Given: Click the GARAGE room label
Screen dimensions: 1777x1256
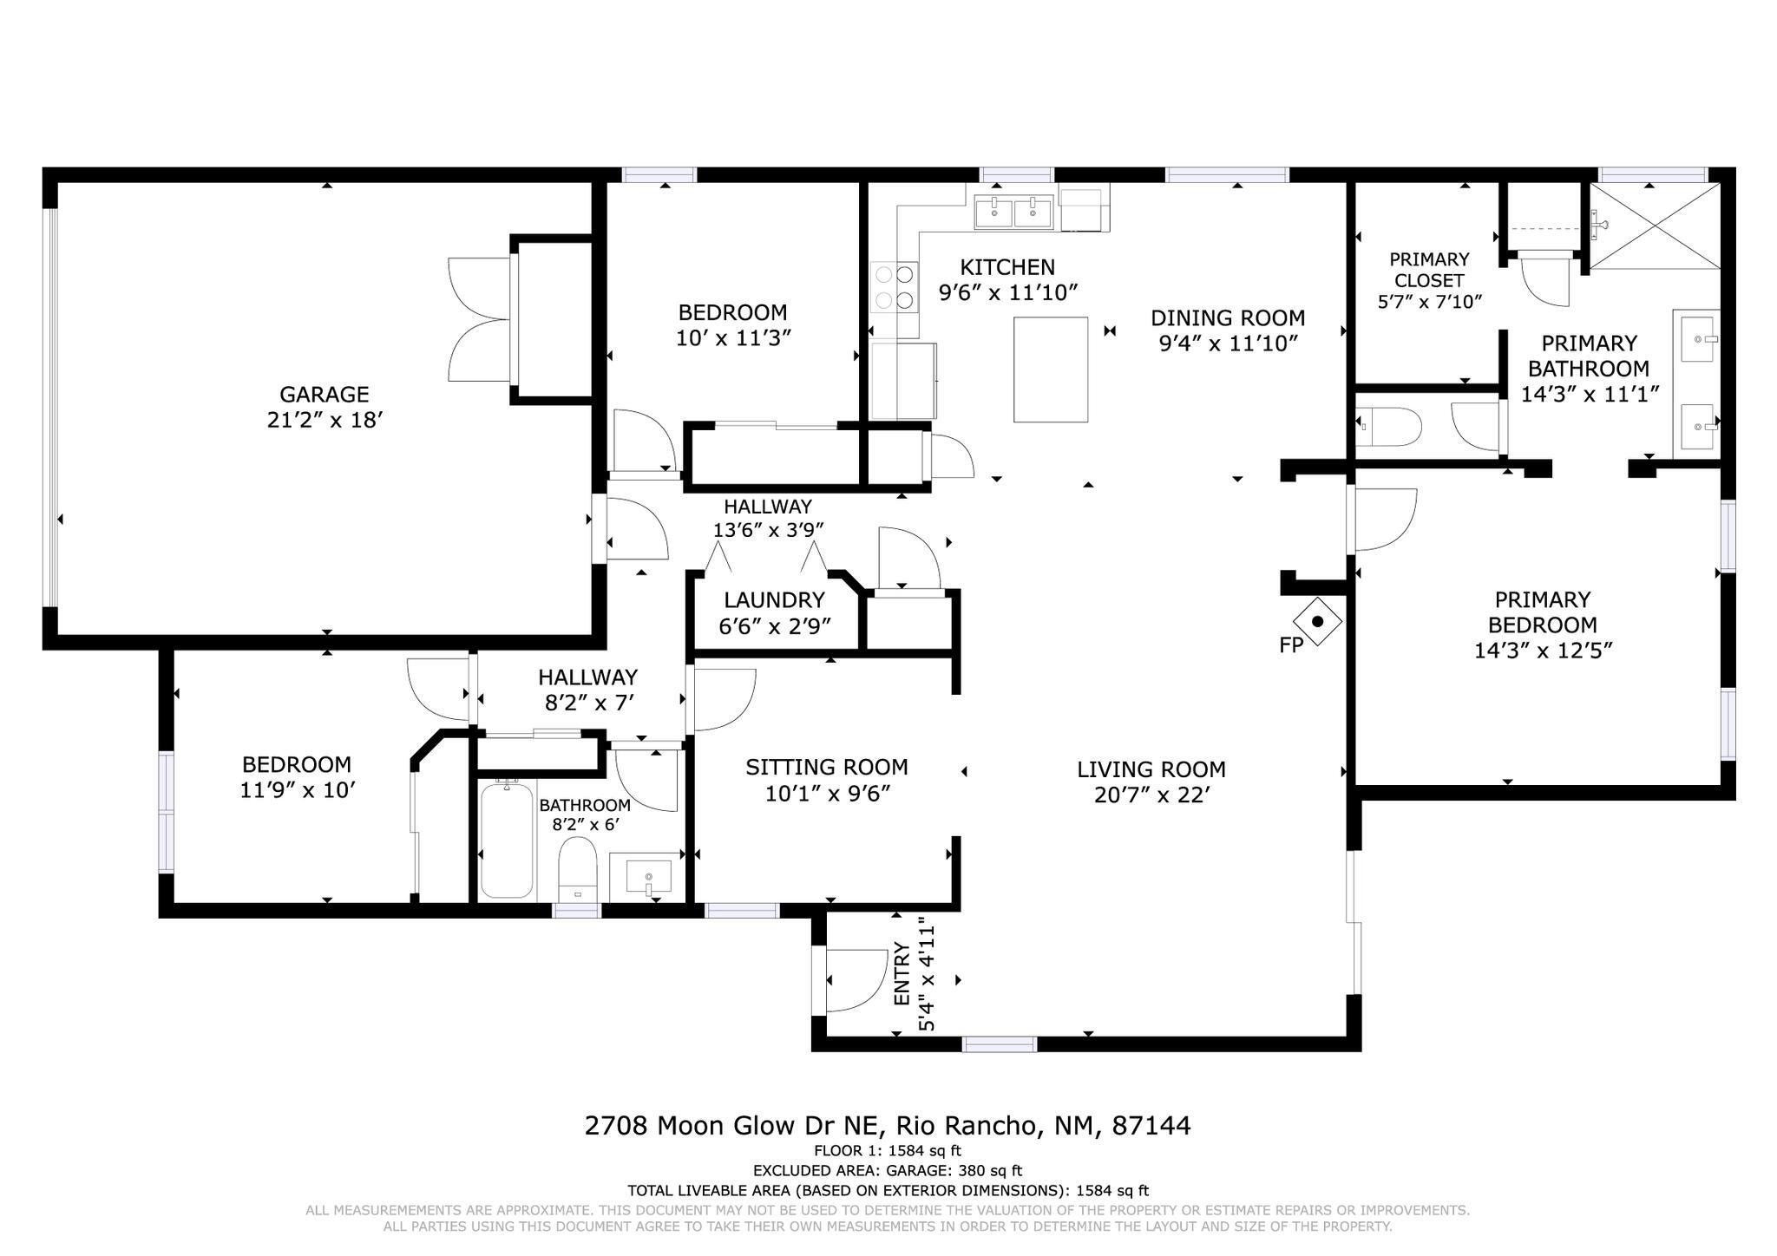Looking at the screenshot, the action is (324, 395).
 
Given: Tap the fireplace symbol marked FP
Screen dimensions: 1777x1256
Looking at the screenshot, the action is (1317, 621).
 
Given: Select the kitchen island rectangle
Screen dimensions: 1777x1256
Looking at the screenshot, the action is (1051, 370).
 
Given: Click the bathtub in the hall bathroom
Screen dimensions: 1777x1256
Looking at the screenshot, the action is (507, 839).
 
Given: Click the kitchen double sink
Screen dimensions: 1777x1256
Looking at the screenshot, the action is (1013, 213).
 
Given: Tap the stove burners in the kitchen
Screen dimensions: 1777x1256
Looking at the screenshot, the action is (895, 287).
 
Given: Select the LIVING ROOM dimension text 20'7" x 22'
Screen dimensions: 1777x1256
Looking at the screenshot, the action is (1151, 795).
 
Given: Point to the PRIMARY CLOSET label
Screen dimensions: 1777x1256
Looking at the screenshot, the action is (1429, 270).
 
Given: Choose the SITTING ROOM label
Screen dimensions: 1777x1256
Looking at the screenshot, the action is (827, 767).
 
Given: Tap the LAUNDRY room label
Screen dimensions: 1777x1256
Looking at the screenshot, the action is (774, 600).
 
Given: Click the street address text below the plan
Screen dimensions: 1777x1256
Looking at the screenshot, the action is (888, 1126).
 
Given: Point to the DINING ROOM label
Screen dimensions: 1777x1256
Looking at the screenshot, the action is (1228, 317).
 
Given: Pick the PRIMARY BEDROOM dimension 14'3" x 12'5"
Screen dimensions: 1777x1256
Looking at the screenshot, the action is (1543, 651).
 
